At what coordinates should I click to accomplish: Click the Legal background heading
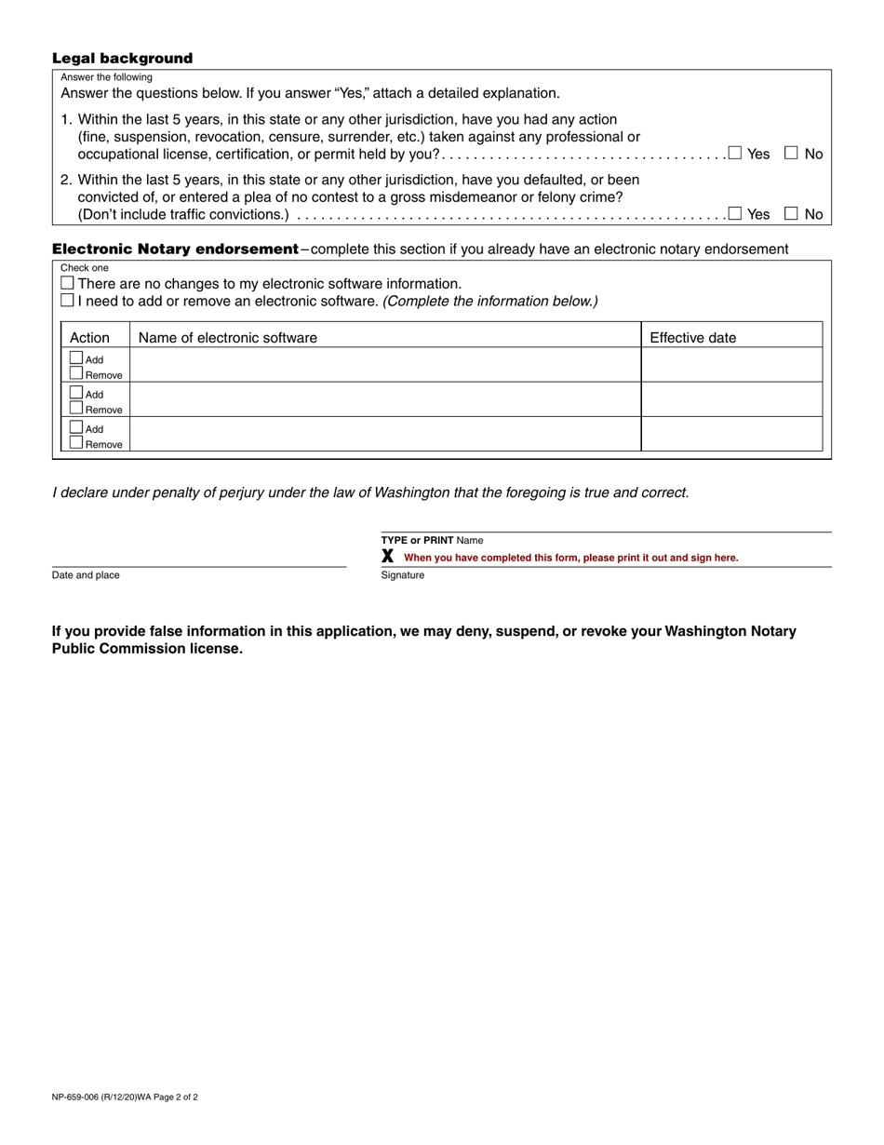tap(122, 59)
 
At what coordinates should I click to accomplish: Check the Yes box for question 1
tap(735, 154)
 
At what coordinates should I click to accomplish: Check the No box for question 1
tap(792, 154)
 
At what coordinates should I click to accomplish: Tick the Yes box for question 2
tap(735, 213)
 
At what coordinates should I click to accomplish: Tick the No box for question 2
tap(792, 213)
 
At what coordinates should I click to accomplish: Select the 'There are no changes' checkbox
tap(67, 283)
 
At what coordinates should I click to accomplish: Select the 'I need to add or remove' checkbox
tap(67, 301)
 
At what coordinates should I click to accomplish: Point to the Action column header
tap(89, 338)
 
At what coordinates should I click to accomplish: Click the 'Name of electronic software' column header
tap(227, 338)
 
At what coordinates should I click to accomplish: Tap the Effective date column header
tap(692, 338)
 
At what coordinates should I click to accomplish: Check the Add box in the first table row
tap(76, 357)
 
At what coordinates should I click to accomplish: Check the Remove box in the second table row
tap(76, 408)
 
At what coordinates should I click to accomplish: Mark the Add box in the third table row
tap(76, 427)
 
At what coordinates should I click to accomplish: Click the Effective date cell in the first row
tap(731, 365)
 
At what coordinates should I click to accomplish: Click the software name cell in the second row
tap(385, 399)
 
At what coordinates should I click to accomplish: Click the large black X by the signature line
tap(388, 557)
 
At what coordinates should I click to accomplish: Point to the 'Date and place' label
tap(86, 575)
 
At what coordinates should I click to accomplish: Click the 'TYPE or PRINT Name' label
tap(432, 540)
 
